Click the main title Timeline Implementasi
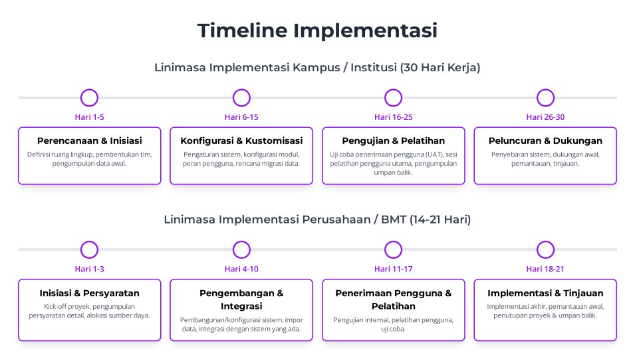pyautogui.click(x=318, y=31)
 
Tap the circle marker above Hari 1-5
pyautogui.click(x=90, y=90)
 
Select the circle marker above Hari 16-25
pyautogui.click(x=393, y=90)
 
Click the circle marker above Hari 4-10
pyautogui.click(x=241, y=242)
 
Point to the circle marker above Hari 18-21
pyautogui.click(x=545, y=242)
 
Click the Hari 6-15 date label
pyautogui.click(x=241, y=117)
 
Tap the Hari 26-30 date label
pyautogui.click(x=545, y=117)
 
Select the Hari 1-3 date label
pyautogui.click(x=90, y=270)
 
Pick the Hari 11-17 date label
pyautogui.click(x=393, y=270)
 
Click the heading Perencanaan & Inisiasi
pyautogui.click(x=90, y=140)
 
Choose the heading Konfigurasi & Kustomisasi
pyautogui.click(x=241, y=140)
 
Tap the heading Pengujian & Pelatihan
pyautogui.click(x=393, y=140)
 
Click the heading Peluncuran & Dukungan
pyautogui.click(x=545, y=140)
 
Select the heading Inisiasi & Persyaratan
pyautogui.click(x=90, y=293)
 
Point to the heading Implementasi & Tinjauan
pyautogui.click(x=545, y=293)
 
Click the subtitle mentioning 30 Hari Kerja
pyautogui.click(x=318, y=67)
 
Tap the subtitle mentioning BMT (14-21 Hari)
pyautogui.click(x=318, y=220)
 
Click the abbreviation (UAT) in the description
pyautogui.click(x=435, y=154)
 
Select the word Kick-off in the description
pyautogui.click(x=55, y=307)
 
